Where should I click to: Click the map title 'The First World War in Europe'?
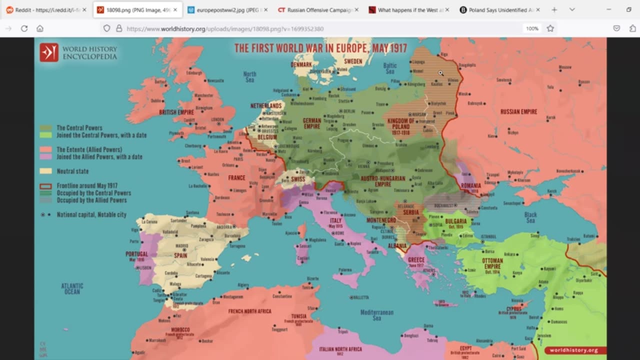tap(320, 48)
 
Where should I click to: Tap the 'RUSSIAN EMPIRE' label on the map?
tap(518, 111)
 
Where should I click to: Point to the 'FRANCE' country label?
tap(236, 177)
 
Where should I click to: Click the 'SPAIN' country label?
tap(180, 255)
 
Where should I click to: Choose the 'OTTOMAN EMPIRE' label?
tap(492, 263)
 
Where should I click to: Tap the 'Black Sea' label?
tap(530, 217)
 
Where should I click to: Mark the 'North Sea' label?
tap(249, 77)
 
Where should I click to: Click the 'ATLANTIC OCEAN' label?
tap(72, 288)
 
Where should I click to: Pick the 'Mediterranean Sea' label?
tap(376, 315)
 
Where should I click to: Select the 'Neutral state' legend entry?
tap(72, 171)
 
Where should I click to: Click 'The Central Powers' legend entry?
tap(79, 128)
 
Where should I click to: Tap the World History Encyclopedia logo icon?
tap(49, 52)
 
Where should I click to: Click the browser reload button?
tap(24, 28)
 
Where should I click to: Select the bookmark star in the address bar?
tap(550, 28)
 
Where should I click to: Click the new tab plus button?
tap(554, 10)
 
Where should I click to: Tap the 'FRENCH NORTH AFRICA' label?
tap(249, 311)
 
